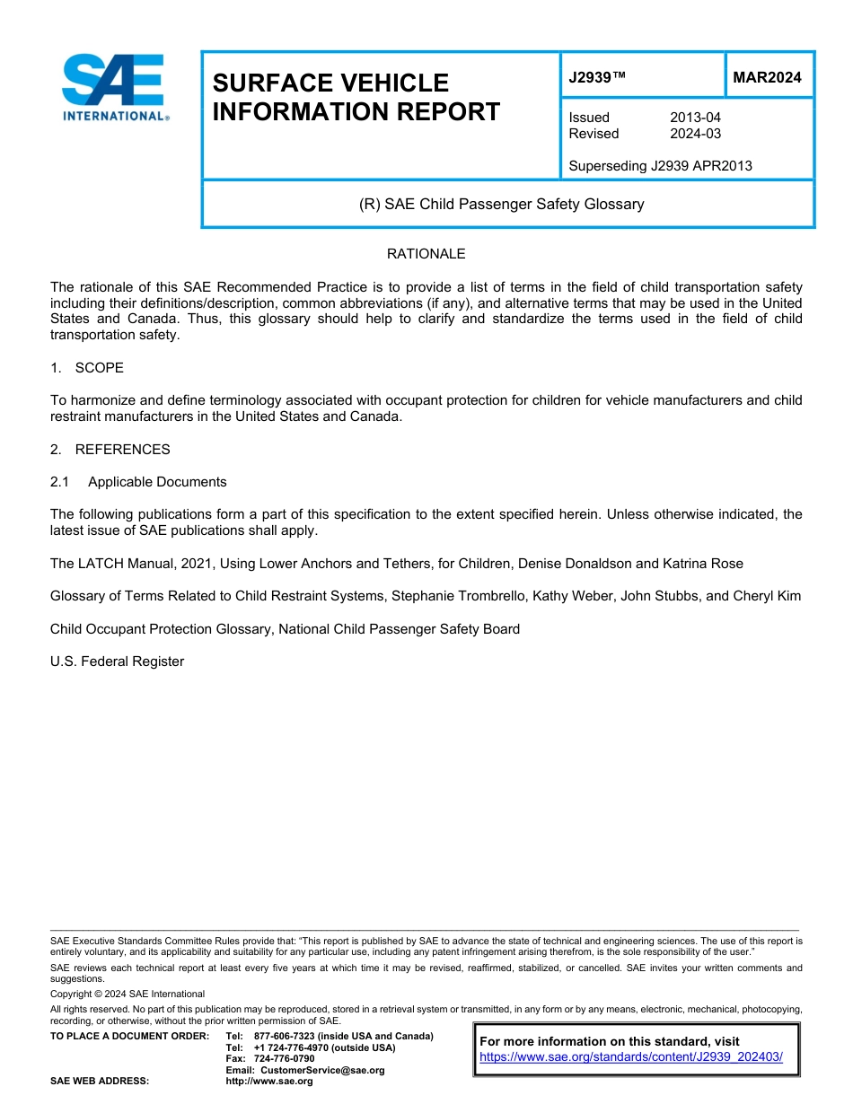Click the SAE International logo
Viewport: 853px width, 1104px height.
pyautogui.click(x=114, y=87)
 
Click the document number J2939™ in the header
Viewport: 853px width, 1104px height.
pyautogui.click(x=597, y=77)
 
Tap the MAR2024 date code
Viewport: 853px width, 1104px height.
pyautogui.click(x=767, y=77)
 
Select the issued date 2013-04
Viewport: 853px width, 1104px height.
pyautogui.click(x=695, y=118)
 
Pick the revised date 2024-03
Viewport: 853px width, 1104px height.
pyautogui.click(x=695, y=134)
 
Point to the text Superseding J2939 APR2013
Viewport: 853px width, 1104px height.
pyautogui.click(x=660, y=166)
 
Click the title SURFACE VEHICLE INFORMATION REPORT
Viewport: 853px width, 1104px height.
pyautogui.click(x=356, y=97)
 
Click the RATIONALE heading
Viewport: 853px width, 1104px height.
pyautogui.click(x=426, y=254)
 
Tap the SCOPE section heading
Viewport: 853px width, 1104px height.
pyautogui.click(x=99, y=368)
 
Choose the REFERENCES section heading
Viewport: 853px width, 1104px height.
pyautogui.click(x=122, y=449)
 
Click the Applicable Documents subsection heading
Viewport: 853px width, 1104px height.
pyautogui.click(x=157, y=482)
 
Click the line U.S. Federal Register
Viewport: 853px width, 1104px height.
pyautogui.click(x=117, y=662)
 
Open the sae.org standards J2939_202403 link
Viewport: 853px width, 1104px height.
pyautogui.click(x=631, y=1057)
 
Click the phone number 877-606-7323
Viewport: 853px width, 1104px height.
pyautogui.click(x=284, y=1036)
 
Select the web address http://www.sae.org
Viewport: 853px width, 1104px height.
pyautogui.click(x=269, y=1082)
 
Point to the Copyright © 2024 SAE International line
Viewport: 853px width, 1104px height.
pyautogui.click(x=128, y=994)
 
